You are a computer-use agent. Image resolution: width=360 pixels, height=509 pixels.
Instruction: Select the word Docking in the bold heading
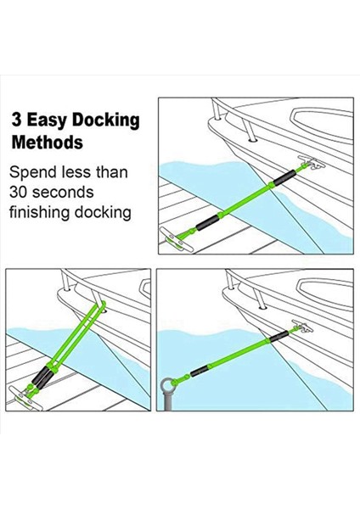(x=109, y=120)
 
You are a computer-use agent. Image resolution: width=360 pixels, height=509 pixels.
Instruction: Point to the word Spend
(x=35, y=173)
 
